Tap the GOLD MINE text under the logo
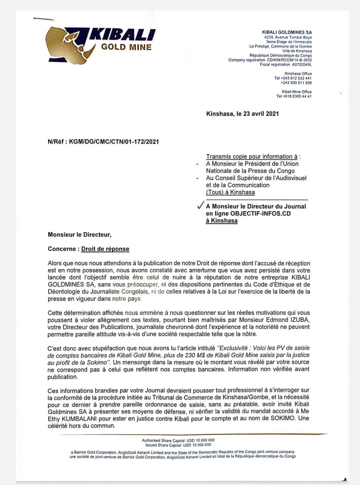click(x=126, y=48)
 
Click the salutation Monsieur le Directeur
click(x=79, y=234)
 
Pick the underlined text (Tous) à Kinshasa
click(x=230, y=192)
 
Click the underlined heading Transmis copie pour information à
click(x=253, y=157)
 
